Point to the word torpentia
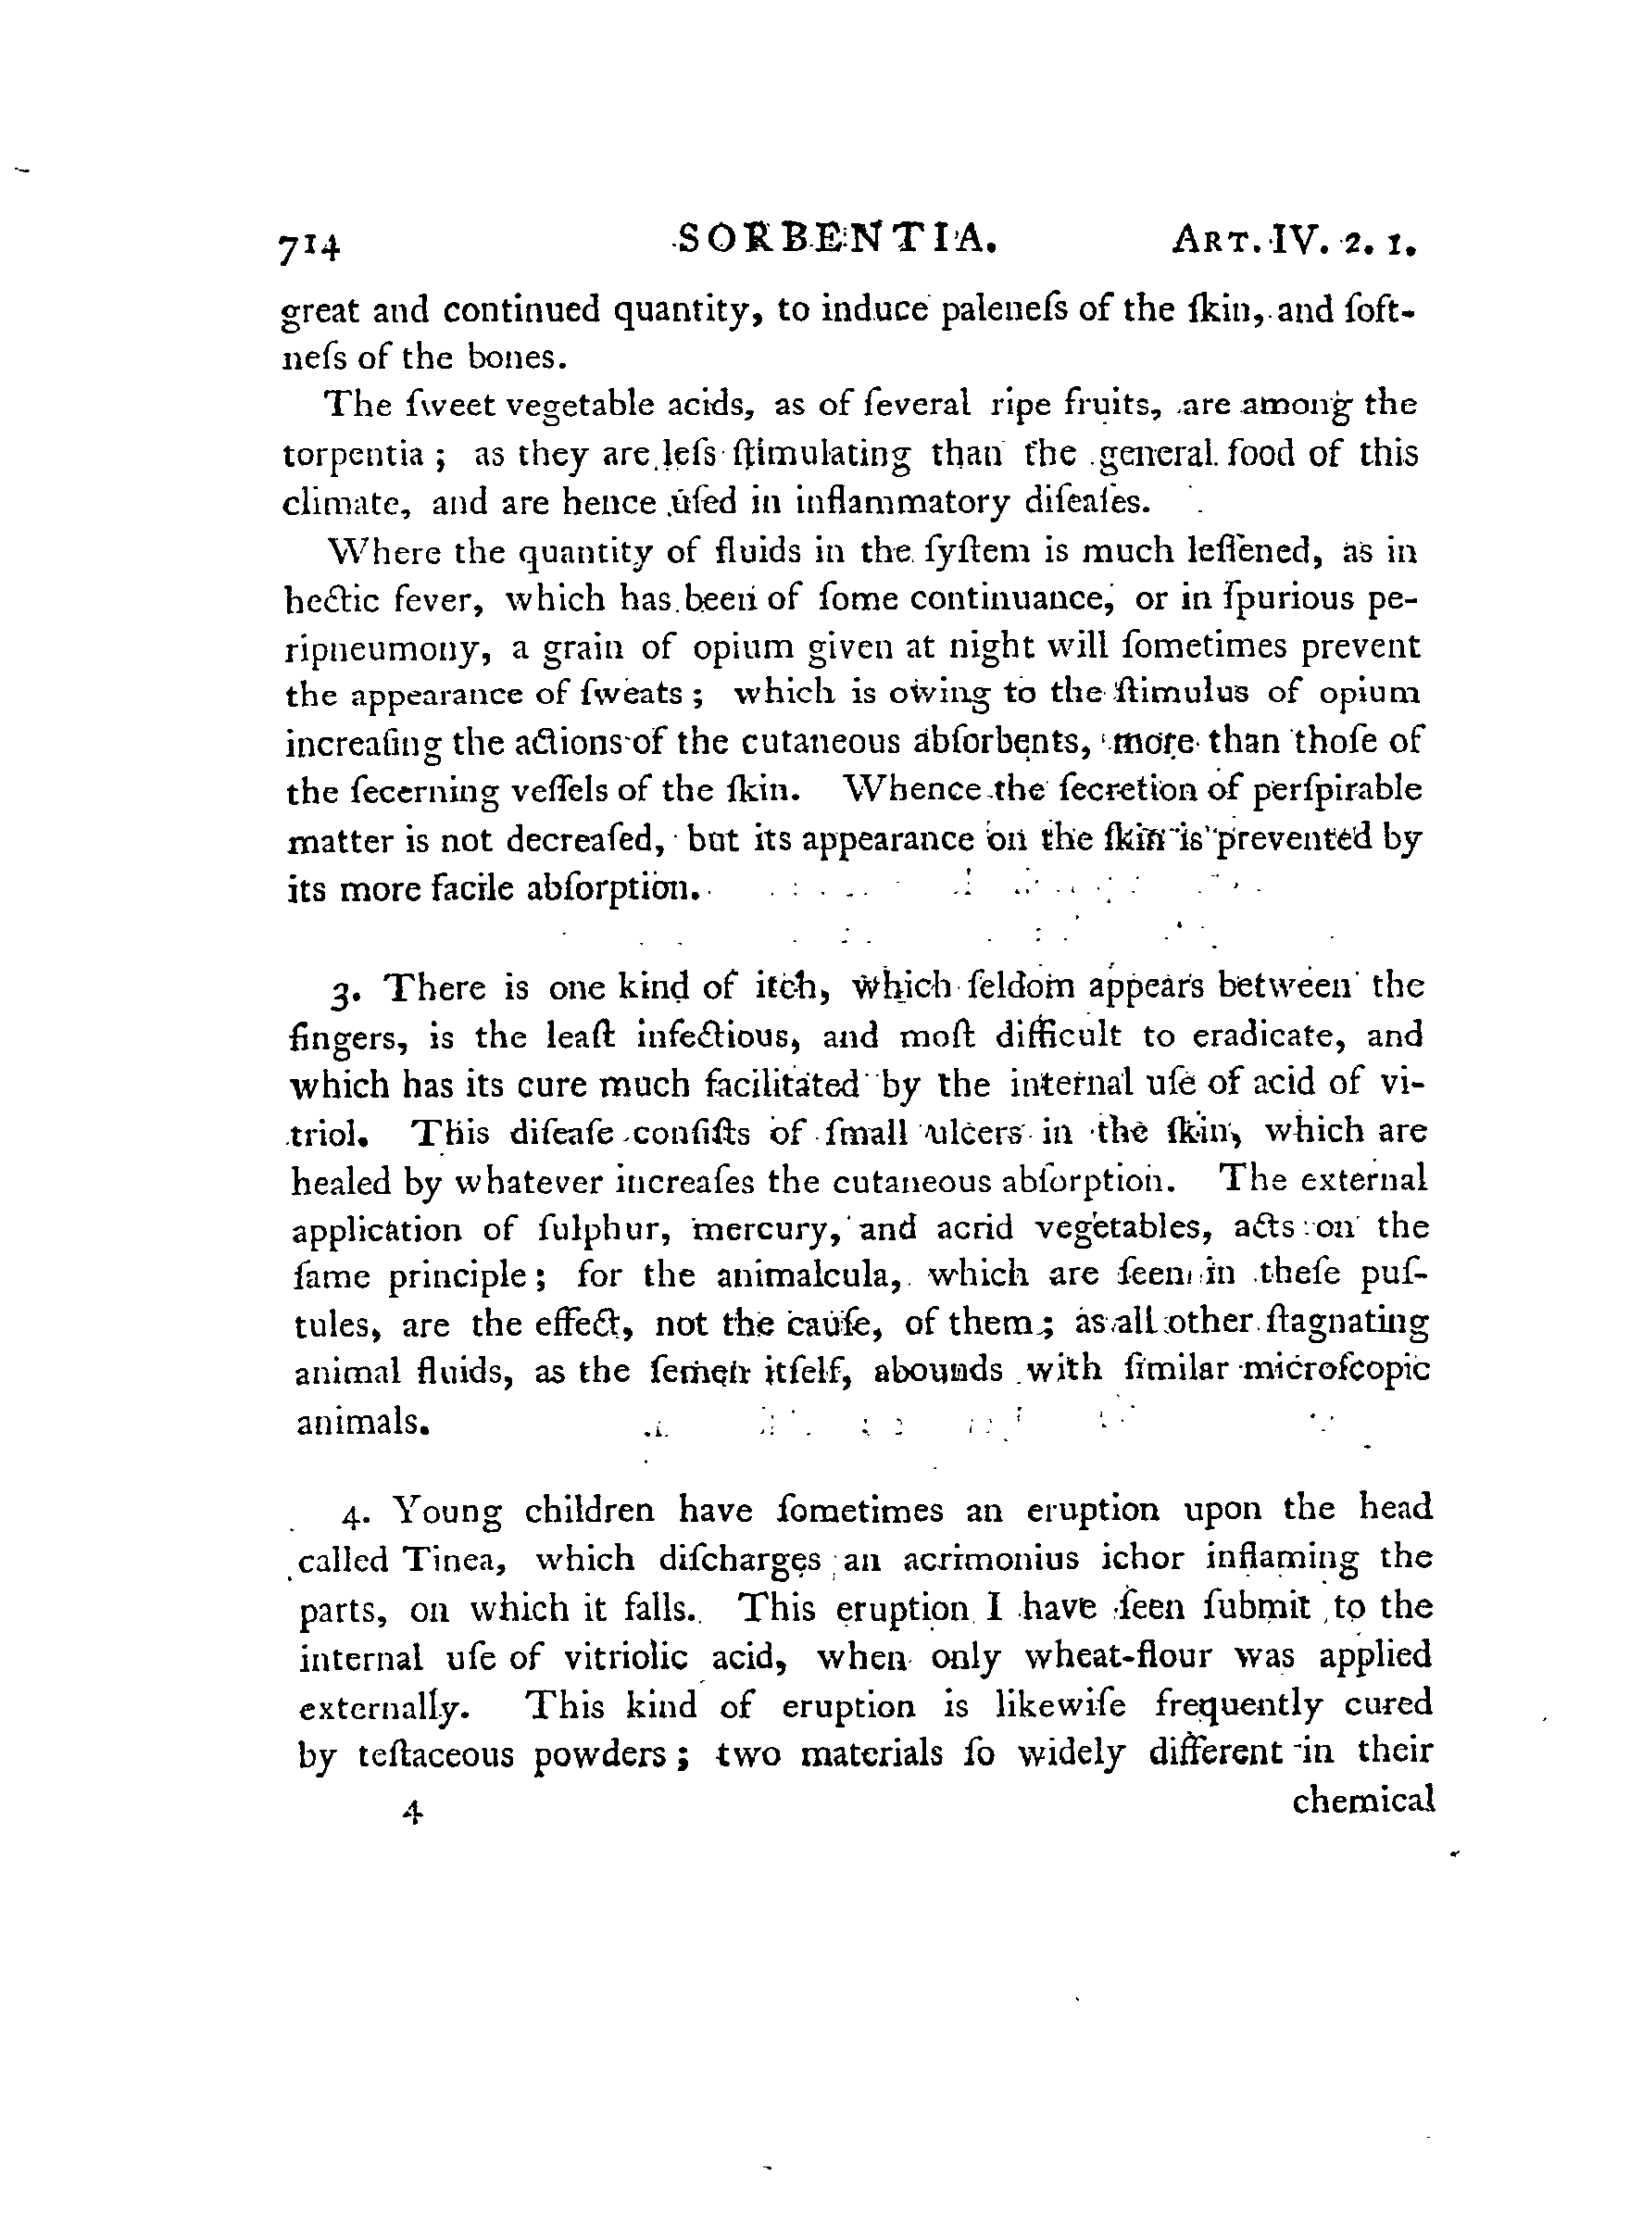(353, 456)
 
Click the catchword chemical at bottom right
(1362, 1801)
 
